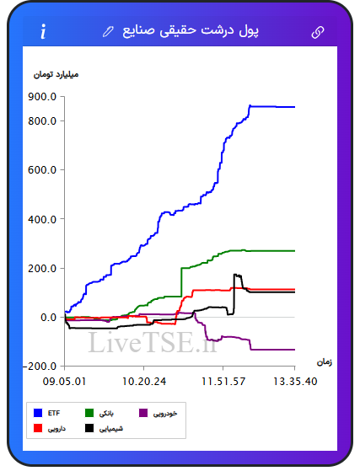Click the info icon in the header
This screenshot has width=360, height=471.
(43, 31)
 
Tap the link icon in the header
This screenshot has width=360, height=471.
(318, 32)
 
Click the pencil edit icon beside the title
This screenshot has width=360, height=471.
(108, 31)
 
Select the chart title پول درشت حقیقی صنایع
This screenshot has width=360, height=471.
(191, 31)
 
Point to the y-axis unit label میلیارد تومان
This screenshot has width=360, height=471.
(56, 74)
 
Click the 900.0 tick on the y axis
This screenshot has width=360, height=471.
(42, 97)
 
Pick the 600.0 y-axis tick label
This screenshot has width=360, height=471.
(42, 170)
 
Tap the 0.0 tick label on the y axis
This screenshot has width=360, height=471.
(48, 317)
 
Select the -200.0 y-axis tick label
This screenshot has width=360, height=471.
(40, 367)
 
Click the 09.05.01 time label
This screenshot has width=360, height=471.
(64, 382)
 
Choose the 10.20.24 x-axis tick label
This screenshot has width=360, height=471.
(144, 382)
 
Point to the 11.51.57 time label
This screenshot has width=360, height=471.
(223, 382)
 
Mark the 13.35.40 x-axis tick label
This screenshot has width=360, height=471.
(295, 382)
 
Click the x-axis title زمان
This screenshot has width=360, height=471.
(325, 362)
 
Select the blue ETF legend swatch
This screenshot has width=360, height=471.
(38, 413)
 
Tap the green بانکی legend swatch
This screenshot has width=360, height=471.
(89, 413)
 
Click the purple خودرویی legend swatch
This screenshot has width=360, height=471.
(143, 413)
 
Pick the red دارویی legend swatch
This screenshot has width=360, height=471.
(38, 428)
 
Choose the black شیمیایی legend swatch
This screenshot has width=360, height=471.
(89, 428)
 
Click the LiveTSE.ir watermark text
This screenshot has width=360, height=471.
(153, 342)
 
